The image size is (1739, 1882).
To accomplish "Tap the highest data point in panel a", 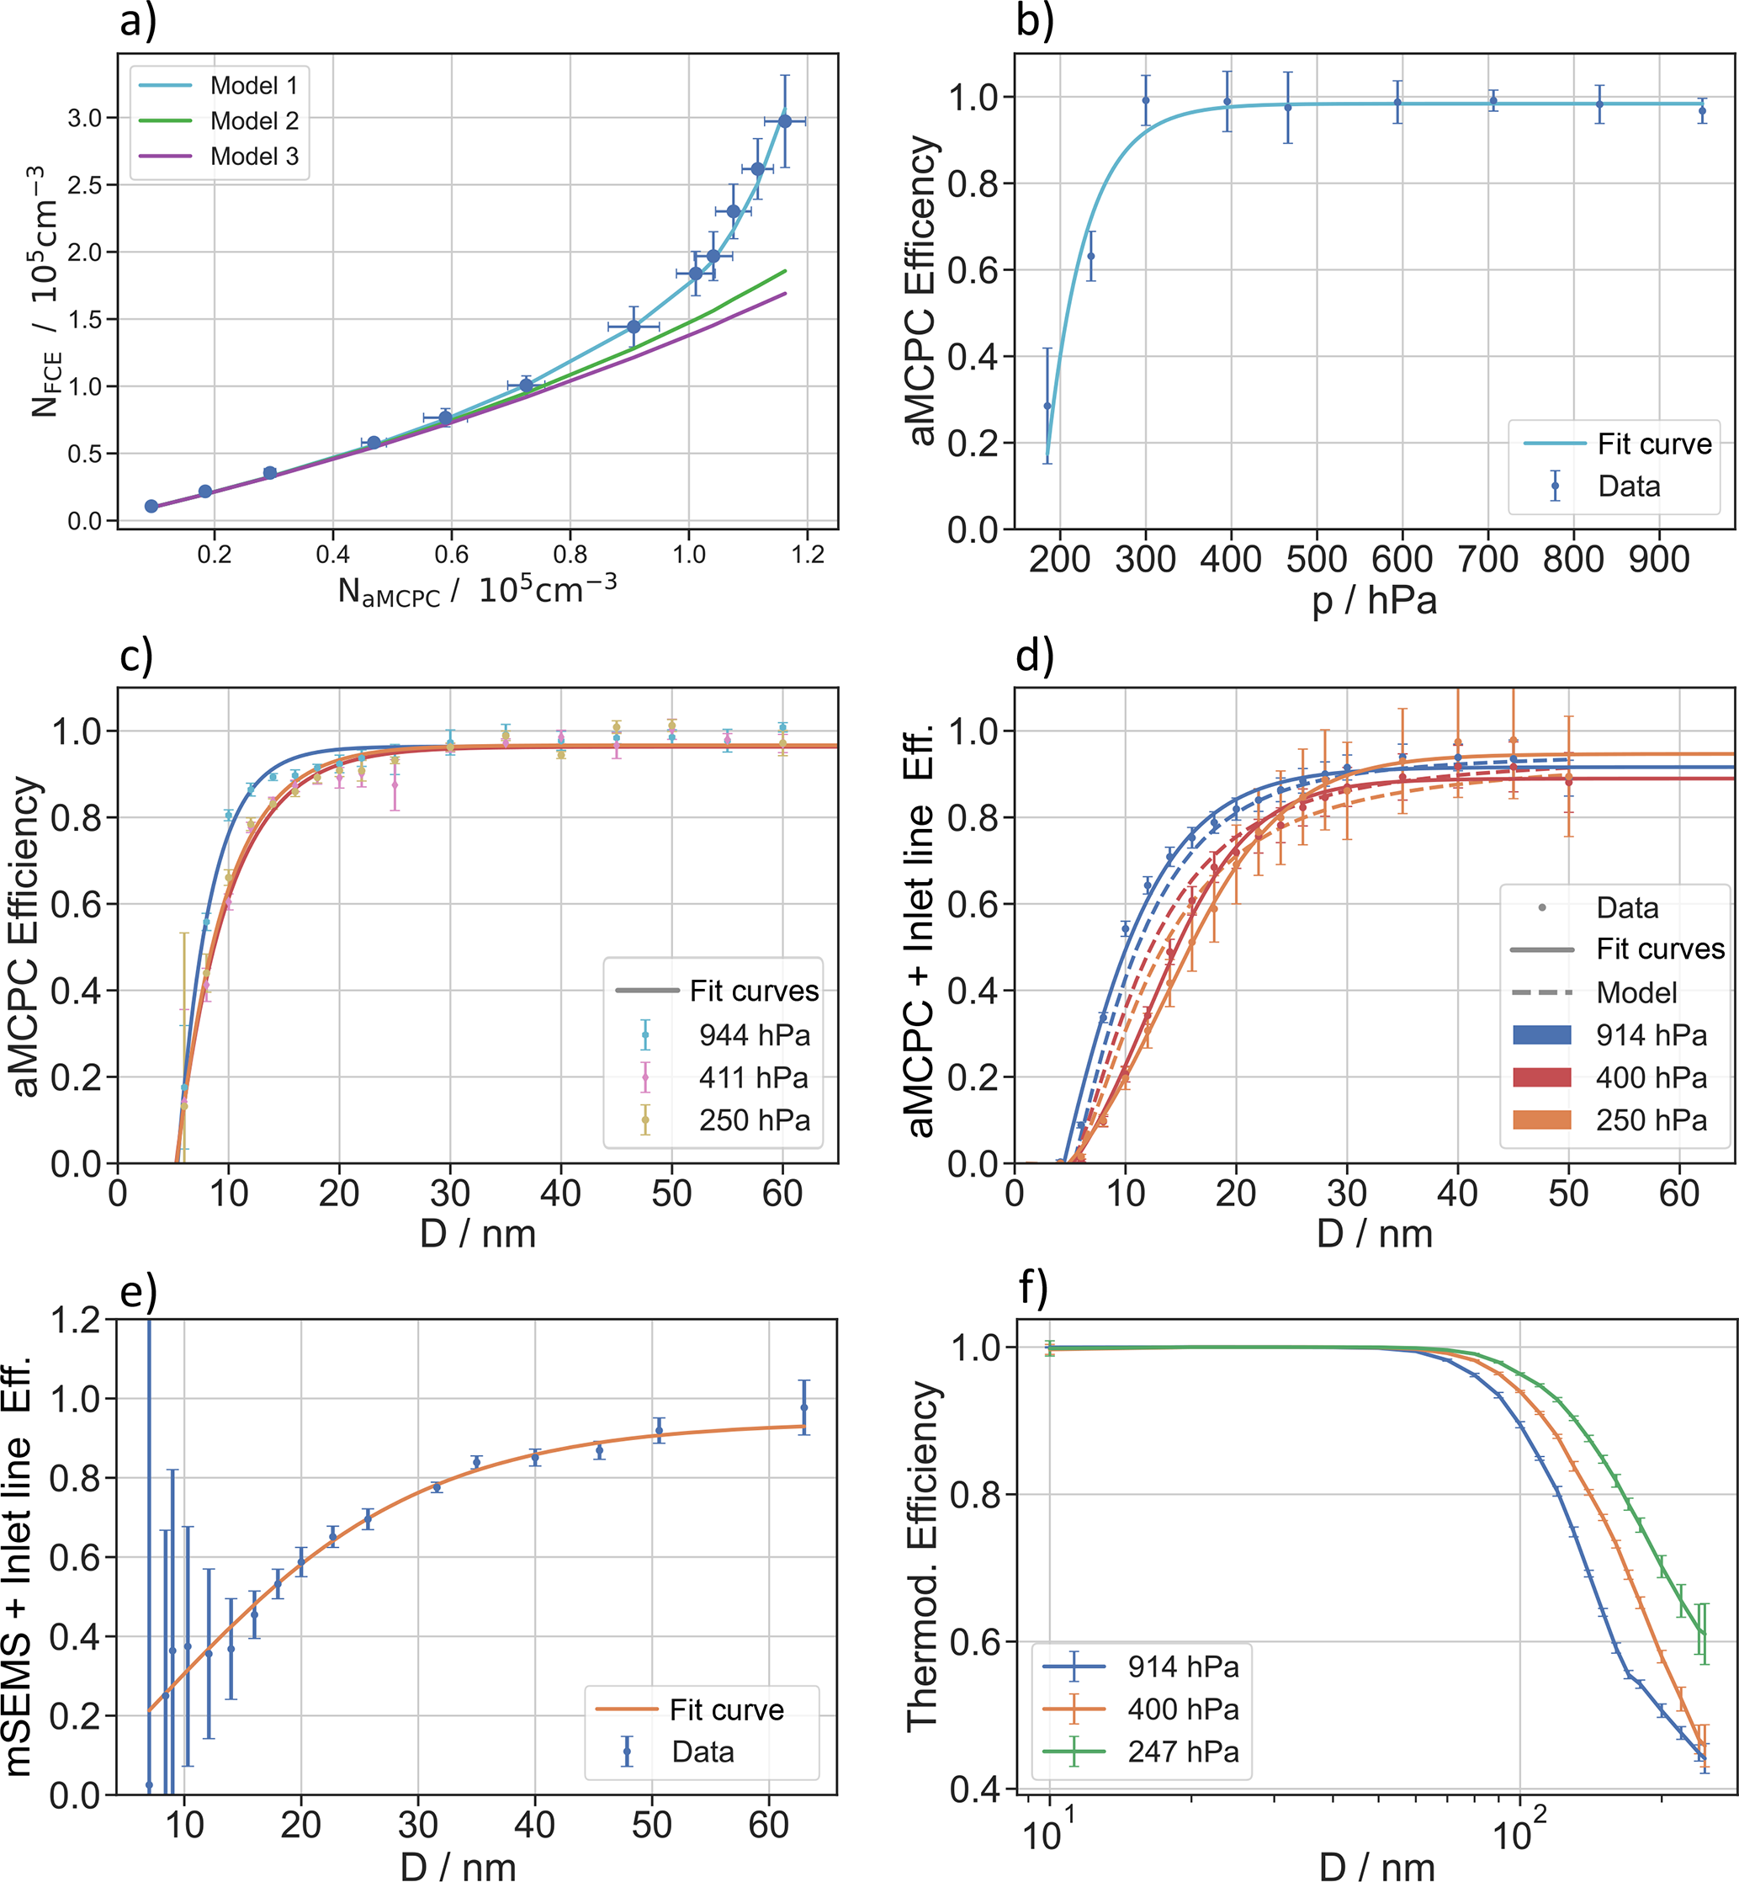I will coord(785,121).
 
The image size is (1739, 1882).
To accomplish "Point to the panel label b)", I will coord(1035,21).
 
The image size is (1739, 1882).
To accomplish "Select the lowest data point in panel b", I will coord(1047,406).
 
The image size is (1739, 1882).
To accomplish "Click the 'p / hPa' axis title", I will coord(1375,601).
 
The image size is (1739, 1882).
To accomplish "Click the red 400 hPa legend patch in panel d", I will coord(1542,1077).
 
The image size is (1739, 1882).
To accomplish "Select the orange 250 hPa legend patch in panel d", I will coord(1542,1119).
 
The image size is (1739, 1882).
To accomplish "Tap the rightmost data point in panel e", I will coord(803,1407).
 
